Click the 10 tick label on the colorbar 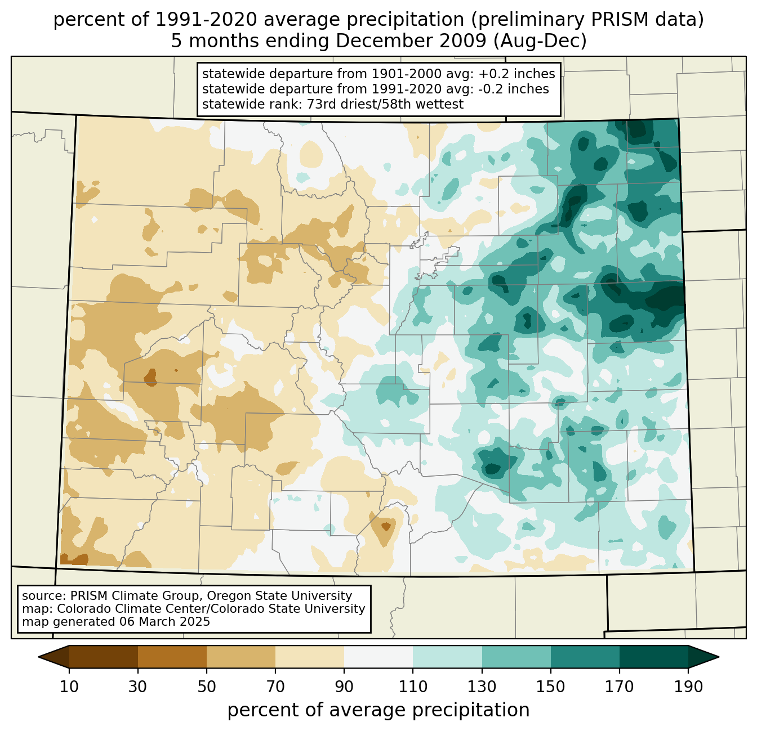point(69,687)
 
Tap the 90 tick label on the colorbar point(344,687)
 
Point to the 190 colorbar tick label point(688,687)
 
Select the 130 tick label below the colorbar point(482,687)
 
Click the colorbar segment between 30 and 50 point(172,657)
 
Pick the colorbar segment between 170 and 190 point(653,657)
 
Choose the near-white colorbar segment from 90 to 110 point(379,657)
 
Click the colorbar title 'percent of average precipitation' point(379,710)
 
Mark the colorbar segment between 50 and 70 point(241,657)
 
